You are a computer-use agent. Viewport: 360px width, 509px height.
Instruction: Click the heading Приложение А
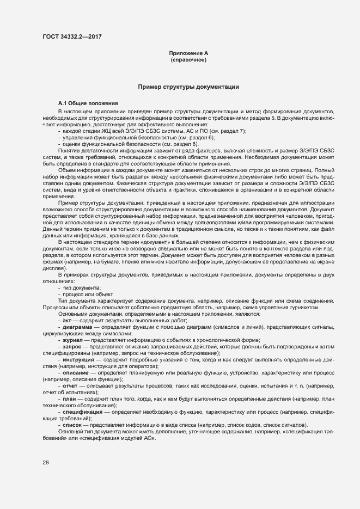[188, 53]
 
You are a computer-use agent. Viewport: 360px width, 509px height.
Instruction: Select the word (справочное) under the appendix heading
[188, 59]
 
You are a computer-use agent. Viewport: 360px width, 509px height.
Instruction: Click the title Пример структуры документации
[188, 87]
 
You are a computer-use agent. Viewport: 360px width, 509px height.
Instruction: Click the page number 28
[46, 462]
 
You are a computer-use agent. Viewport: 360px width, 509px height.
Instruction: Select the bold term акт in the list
[68, 321]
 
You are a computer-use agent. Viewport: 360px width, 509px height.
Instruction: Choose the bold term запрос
[72, 346]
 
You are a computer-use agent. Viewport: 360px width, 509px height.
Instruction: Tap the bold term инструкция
[80, 360]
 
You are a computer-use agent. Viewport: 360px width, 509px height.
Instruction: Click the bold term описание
[76, 373]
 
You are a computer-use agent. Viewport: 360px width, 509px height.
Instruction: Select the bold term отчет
[71, 385]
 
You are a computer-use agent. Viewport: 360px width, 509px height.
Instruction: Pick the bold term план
[70, 399]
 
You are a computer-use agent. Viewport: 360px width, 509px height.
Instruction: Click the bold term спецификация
[83, 412]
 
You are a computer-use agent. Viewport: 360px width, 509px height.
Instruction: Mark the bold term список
[72, 425]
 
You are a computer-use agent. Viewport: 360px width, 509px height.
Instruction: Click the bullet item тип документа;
[82, 287]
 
